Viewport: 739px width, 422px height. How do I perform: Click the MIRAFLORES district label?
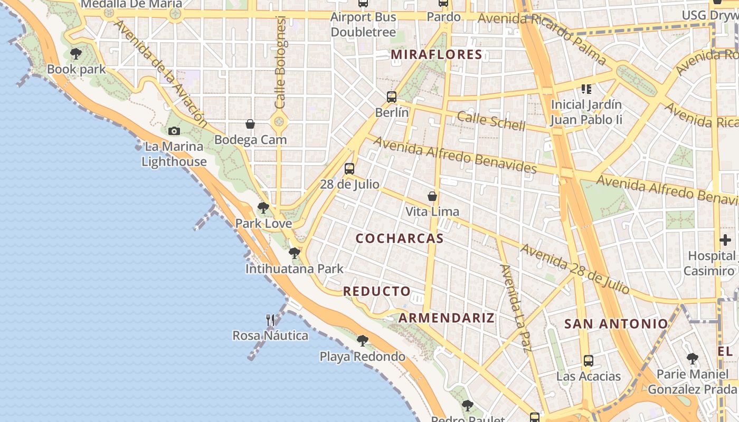437,54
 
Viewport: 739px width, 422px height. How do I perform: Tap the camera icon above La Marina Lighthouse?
174,131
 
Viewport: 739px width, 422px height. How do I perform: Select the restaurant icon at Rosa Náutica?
270,320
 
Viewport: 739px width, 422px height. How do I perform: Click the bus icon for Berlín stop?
391,97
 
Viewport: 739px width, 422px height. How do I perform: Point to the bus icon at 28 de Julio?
349,169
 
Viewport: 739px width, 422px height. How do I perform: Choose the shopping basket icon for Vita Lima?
432,197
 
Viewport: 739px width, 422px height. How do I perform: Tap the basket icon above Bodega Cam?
250,124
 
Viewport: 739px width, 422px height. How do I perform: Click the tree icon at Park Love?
263,208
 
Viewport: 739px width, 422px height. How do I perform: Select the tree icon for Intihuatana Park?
295,254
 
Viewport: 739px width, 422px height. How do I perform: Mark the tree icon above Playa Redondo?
362,341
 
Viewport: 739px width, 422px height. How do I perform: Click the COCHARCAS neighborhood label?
400,238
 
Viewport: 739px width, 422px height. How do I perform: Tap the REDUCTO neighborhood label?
377,291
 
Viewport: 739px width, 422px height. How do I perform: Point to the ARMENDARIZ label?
447,318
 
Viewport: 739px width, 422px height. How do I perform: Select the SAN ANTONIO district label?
616,324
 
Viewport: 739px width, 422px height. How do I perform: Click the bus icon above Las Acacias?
589,361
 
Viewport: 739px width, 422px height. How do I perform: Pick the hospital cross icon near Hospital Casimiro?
725,240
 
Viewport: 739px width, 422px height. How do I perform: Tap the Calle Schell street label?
491,121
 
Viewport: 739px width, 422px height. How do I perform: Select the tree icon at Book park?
76,53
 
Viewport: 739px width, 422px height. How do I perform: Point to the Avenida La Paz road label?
515,308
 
